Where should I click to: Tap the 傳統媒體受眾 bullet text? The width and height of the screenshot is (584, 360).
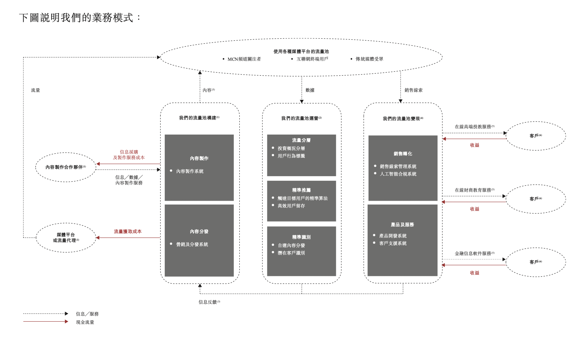(369, 59)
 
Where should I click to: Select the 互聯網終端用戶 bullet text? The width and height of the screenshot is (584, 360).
(312, 59)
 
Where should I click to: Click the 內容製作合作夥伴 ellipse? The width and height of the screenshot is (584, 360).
(65, 167)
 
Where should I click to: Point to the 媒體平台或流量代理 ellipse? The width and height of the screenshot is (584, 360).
(66, 238)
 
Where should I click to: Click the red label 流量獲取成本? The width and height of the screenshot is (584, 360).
(128, 232)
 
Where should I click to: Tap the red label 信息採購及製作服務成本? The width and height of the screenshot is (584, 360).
(129, 155)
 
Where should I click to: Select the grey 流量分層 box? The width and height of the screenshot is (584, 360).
(301, 155)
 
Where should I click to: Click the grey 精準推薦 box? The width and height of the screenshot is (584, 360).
(301, 201)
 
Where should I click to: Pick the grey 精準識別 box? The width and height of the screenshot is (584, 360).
(301, 251)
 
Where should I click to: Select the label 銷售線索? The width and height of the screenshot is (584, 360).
(414, 90)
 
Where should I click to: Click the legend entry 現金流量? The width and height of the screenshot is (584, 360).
(85, 322)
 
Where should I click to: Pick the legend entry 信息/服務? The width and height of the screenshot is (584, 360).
(87, 314)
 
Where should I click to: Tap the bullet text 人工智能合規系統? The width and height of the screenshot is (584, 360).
(398, 174)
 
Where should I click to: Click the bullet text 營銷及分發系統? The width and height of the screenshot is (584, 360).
(192, 244)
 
